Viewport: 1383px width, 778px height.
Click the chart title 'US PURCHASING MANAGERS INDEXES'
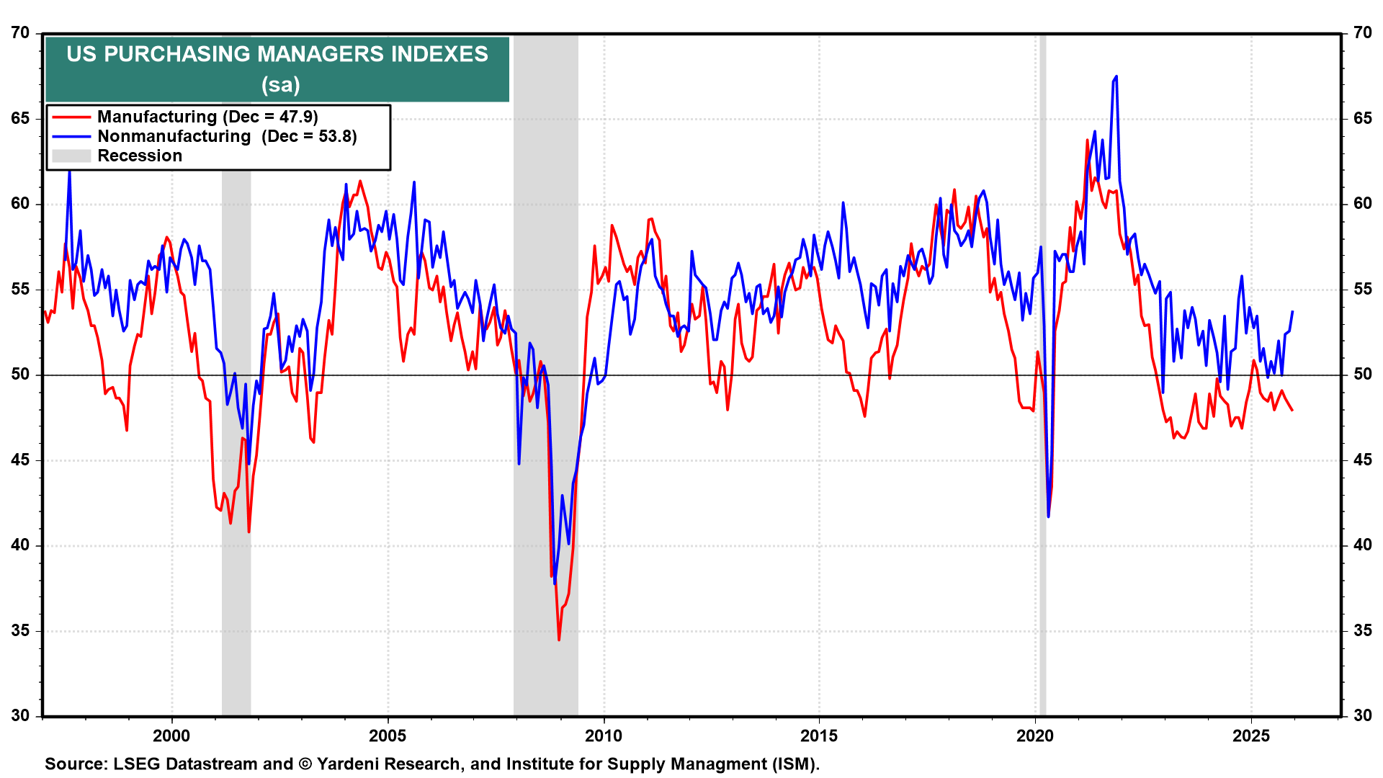coord(277,54)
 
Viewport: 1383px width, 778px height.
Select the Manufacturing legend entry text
coord(207,117)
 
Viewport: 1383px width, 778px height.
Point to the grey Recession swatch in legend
coord(71,156)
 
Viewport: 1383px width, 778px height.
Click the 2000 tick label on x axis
coord(171,735)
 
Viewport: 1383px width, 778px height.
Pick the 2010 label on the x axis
coord(603,735)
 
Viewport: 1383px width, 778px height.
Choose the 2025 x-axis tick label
coord(1251,735)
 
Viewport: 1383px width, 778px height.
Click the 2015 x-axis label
coord(819,735)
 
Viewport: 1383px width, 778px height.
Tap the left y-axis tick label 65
coord(20,118)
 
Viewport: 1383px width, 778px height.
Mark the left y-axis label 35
coord(20,631)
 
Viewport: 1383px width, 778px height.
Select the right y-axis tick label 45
coord(1362,460)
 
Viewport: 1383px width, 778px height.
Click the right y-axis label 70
coord(1362,33)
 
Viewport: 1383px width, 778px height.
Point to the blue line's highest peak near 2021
coord(1116,76)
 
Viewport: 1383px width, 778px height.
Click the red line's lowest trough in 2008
coord(559,640)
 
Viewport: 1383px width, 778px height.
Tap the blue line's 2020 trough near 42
coord(1048,516)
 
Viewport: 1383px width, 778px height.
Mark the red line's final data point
coord(1292,410)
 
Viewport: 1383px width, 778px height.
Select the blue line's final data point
coord(1293,311)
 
